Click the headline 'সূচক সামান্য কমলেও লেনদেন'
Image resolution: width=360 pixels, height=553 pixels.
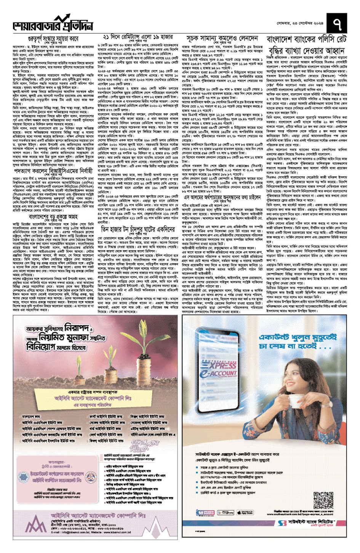[x=222, y=38]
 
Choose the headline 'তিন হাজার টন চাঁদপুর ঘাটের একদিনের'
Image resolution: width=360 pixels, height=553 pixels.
[x=138, y=229]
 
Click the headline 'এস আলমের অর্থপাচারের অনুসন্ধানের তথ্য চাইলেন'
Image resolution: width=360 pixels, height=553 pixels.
[x=222, y=197]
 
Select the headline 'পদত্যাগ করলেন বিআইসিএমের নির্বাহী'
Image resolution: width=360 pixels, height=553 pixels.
[x=53, y=171]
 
